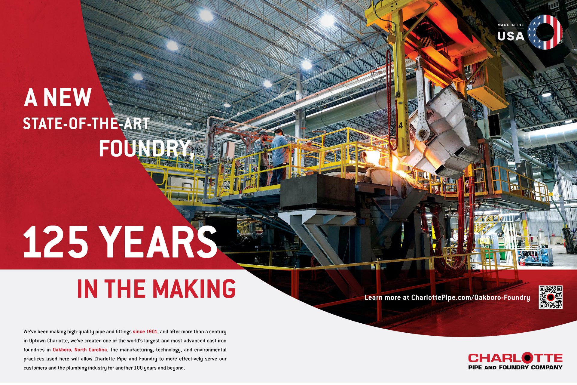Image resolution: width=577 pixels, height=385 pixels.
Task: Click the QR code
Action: [551, 297]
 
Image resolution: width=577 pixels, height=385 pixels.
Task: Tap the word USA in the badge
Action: [511, 36]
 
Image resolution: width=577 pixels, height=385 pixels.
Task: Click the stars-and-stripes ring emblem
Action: [545, 32]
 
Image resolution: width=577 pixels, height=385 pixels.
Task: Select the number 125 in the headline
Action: [56, 242]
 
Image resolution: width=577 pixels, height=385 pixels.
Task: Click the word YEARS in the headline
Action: [159, 242]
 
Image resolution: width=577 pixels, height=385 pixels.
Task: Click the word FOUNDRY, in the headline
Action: [146, 149]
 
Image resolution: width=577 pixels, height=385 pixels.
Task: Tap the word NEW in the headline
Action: [67, 97]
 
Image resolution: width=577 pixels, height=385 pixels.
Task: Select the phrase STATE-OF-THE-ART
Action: [86, 124]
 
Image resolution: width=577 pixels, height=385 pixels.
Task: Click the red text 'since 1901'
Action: [145, 331]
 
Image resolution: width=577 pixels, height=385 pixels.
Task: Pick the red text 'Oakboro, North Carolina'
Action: [80, 350]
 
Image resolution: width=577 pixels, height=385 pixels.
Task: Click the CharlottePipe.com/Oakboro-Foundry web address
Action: [470, 297]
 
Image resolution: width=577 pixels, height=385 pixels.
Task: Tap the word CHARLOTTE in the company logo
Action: [515, 358]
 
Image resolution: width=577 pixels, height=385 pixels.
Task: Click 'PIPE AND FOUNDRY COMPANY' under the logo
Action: [515, 367]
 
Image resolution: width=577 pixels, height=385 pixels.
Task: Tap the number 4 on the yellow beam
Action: [401, 125]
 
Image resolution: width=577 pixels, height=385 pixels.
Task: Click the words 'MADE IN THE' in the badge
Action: [511, 25]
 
